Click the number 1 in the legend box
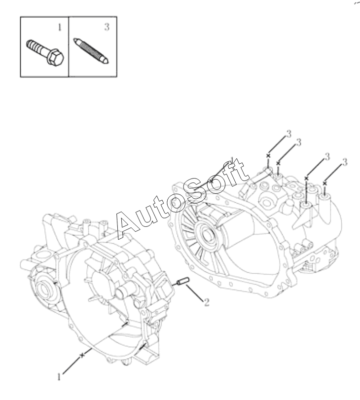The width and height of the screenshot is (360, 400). click(60, 27)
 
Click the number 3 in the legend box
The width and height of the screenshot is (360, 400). click(107, 27)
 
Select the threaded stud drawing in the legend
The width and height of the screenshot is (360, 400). click(91, 51)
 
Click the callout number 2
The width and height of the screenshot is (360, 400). click(207, 302)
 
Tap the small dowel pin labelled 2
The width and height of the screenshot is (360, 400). click(183, 281)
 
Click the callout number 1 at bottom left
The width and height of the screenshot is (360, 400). click(59, 377)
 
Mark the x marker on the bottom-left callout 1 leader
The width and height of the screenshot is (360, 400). click(82, 355)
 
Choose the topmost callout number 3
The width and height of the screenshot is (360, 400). click(288, 134)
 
